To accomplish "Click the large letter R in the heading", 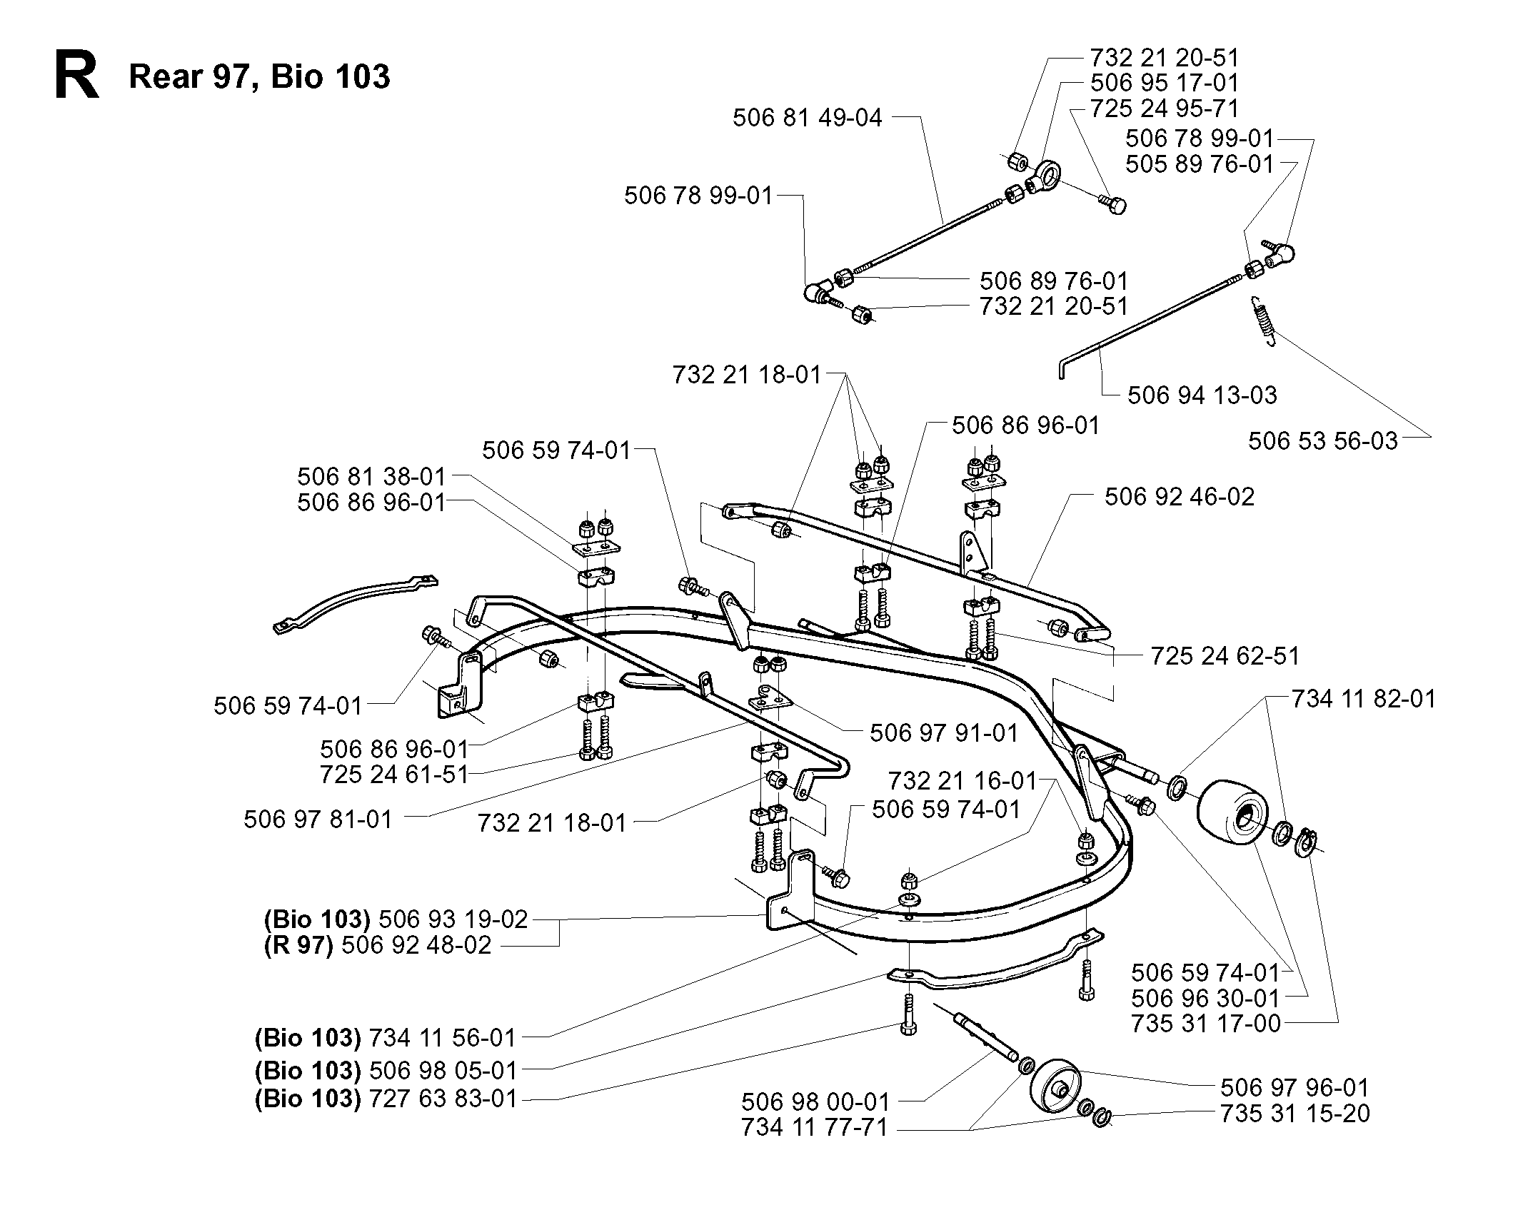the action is [76, 76].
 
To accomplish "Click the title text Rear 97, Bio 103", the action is [259, 76].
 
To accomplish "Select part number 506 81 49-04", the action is [807, 117].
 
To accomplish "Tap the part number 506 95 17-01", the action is [1165, 82].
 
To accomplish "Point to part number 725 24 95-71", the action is [1165, 109].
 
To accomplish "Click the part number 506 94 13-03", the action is [1202, 395].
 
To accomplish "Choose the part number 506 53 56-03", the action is [1322, 440].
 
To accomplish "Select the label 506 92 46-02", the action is [1180, 496].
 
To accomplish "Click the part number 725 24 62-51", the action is [1225, 655].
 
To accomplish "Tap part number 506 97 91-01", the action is [944, 733].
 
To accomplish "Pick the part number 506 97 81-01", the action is [318, 819].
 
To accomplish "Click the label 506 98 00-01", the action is [816, 1101].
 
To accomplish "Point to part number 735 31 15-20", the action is [1295, 1113].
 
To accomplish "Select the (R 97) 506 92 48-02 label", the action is [378, 944].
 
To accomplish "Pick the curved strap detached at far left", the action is [355, 604].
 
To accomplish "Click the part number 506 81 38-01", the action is [371, 476].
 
